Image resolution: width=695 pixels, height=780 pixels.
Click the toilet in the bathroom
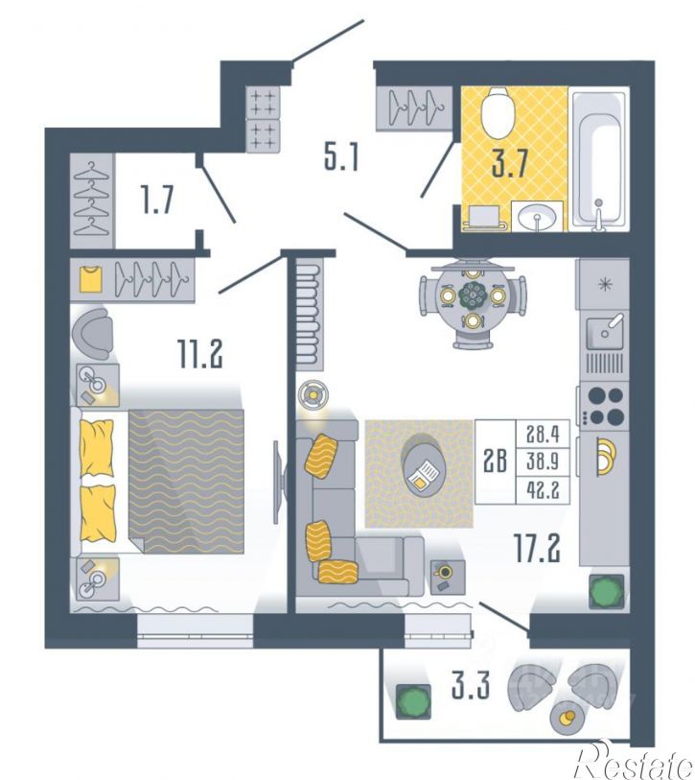point(498,113)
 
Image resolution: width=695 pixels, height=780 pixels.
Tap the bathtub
point(598,159)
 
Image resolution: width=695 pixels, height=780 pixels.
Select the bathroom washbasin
point(537,216)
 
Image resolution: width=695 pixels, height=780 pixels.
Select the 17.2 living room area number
point(538,548)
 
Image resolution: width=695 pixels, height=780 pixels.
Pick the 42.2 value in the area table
point(543,490)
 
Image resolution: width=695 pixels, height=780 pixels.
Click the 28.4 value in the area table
point(543,435)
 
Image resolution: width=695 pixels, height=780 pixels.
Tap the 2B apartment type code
point(496,461)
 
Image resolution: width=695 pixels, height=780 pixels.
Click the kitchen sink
point(605,332)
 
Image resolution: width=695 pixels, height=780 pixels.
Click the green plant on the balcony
point(412,701)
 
